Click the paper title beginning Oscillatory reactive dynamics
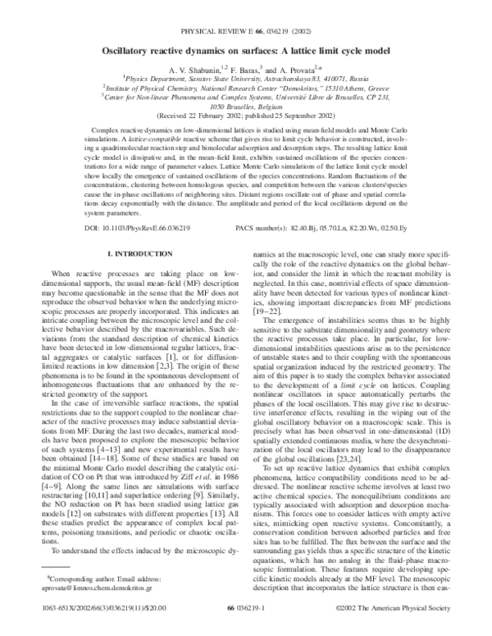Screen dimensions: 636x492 point(245,49)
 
